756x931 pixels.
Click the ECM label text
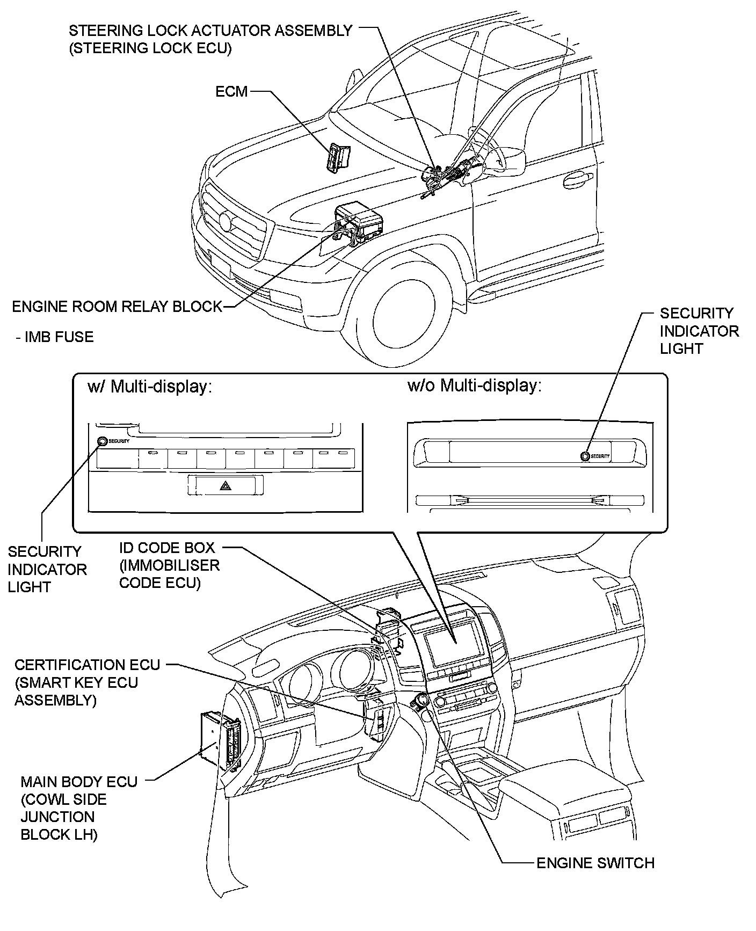click(231, 91)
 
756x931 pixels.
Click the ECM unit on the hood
click(337, 158)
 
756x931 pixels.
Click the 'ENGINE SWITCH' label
click(595, 863)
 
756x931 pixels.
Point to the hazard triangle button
click(224, 486)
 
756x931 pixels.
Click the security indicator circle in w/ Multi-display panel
click(102, 441)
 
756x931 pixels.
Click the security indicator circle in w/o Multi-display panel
click(584, 456)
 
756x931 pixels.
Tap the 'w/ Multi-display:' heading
click(150, 387)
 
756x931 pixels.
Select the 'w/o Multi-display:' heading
click(475, 386)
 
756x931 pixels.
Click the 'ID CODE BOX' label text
click(167, 548)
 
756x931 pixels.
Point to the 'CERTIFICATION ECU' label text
click(87, 665)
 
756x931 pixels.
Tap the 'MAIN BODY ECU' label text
click(79, 781)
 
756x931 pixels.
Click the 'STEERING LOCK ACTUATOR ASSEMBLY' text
click(210, 30)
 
